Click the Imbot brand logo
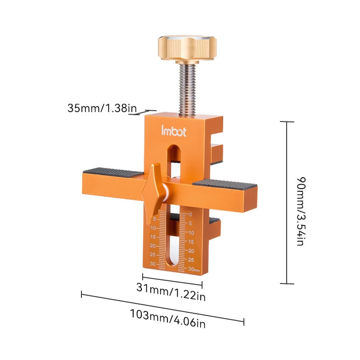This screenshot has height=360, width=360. point(170,130)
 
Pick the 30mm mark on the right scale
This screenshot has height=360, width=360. point(194,269)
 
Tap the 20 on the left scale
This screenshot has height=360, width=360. point(153,246)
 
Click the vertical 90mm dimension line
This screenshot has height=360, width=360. point(287,202)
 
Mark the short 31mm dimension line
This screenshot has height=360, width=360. point(172,279)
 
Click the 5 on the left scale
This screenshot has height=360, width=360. point(154,220)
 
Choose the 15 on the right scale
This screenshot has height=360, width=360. point(191,242)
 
